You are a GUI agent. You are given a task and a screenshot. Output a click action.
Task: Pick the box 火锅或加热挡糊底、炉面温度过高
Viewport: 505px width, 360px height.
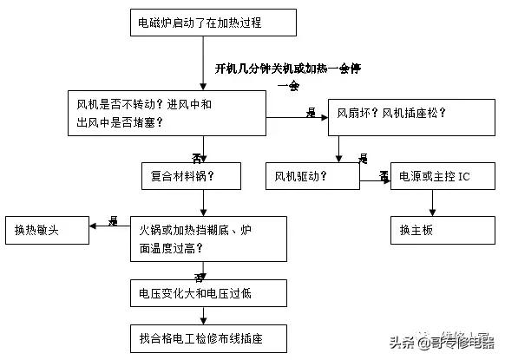208,239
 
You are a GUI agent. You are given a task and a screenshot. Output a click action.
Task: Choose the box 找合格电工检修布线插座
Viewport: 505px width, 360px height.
207,337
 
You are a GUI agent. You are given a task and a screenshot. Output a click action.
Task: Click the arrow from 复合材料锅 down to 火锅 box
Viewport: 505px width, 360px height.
201,203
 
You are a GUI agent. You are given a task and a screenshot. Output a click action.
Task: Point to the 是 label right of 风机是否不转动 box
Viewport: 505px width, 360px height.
310,114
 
